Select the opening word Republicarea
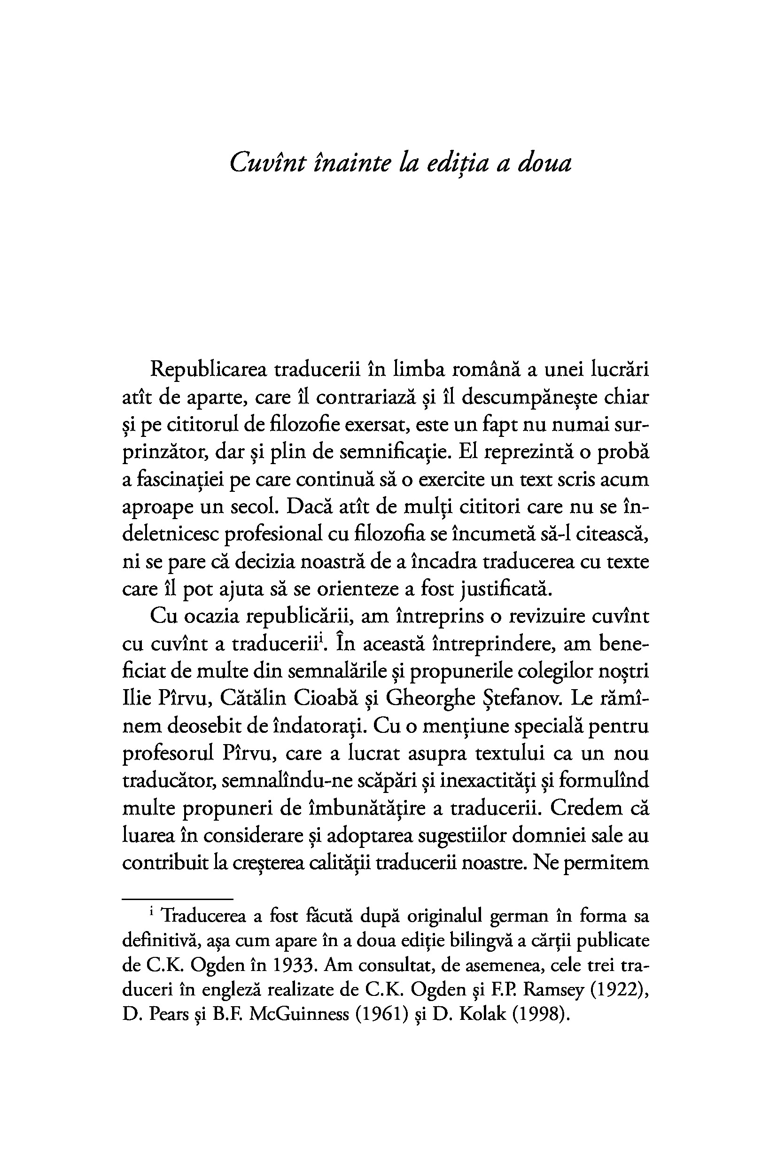coord(208,370)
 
